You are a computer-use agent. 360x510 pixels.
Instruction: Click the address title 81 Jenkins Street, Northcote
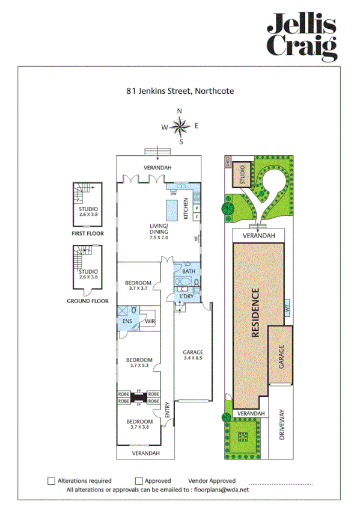[180, 91]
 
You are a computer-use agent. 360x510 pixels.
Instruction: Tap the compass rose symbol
[180, 126]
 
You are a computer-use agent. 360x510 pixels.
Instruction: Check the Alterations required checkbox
[51, 481]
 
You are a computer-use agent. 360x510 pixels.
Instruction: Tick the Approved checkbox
[139, 481]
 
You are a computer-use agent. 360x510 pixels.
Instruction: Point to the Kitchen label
[186, 208]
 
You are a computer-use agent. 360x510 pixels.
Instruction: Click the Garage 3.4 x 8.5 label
[193, 355]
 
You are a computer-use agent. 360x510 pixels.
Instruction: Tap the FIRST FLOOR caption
[88, 233]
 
